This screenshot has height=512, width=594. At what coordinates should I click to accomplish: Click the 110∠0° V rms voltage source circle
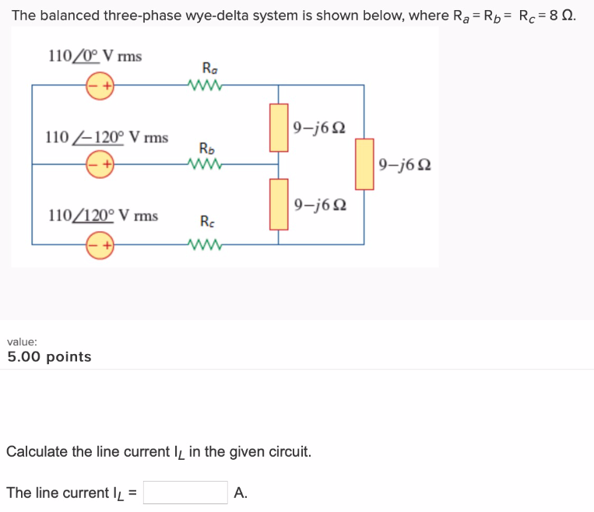pyautogui.click(x=100, y=85)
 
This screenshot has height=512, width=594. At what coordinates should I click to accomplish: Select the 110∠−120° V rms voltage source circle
pyautogui.click(x=100, y=164)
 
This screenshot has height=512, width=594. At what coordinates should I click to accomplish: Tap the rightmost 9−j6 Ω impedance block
pyautogui.click(x=364, y=164)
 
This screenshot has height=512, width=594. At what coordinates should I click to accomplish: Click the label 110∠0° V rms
pyautogui.click(x=94, y=56)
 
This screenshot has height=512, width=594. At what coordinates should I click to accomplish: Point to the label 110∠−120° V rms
pyautogui.click(x=107, y=138)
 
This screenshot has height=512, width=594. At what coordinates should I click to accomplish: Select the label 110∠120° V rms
pyautogui.click(x=103, y=215)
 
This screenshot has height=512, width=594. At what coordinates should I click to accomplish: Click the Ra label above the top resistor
pyautogui.click(x=209, y=67)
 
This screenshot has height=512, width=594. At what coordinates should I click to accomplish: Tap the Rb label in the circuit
pyautogui.click(x=207, y=148)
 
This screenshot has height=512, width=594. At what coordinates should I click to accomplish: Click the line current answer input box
pyautogui.click(x=185, y=493)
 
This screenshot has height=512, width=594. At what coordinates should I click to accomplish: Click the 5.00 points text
pyautogui.click(x=49, y=357)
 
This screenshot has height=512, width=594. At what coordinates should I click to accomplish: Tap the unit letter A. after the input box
pyautogui.click(x=240, y=493)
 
